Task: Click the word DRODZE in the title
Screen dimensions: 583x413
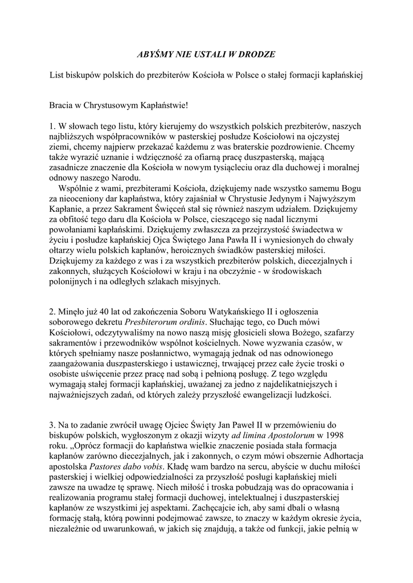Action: tap(255, 54)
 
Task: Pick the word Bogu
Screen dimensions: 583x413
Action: tap(350, 188)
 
